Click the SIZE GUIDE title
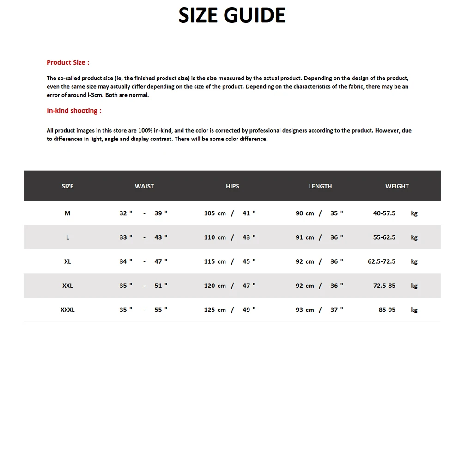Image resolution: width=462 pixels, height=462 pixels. [x=232, y=15]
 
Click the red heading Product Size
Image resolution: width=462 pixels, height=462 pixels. [x=68, y=62]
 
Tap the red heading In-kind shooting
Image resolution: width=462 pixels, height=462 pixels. [x=74, y=111]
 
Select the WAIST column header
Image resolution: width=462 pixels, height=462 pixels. [x=144, y=186]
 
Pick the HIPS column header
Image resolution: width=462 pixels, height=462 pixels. [x=232, y=186]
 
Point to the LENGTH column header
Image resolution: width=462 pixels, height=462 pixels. [x=320, y=186]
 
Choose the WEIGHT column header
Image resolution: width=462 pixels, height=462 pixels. [x=397, y=186]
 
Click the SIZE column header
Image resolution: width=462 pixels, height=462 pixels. [x=67, y=186]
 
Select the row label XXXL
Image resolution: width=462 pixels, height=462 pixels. [x=67, y=310]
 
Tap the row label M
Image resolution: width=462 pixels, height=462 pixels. [x=67, y=213]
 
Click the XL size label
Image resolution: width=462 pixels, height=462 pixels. [x=67, y=261]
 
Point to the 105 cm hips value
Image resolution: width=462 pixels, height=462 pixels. [x=215, y=213]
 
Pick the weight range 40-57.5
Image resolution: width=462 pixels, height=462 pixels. [x=384, y=213]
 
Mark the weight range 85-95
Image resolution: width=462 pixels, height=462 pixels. [x=387, y=310]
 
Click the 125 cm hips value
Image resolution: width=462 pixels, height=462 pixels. [x=215, y=310]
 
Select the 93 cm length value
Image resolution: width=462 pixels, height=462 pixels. [x=305, y=310]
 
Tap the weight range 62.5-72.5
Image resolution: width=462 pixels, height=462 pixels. [x=382, y=261]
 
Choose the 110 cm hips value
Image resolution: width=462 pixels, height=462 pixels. [x=215, y=237]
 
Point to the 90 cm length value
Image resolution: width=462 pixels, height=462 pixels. [x=305, y=213]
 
